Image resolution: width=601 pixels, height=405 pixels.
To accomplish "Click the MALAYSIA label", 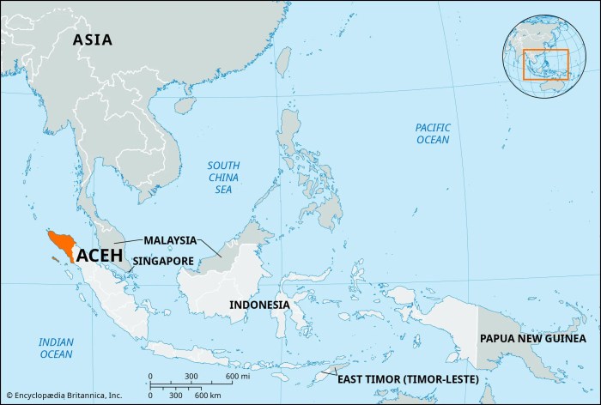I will [170, 239].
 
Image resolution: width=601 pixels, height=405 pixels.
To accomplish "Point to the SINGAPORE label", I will [163, 260].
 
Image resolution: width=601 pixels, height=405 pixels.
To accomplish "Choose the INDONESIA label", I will [259, 305].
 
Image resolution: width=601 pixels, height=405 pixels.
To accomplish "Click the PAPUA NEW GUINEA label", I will [532, 339].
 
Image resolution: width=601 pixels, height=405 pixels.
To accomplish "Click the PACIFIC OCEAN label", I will [433, 133].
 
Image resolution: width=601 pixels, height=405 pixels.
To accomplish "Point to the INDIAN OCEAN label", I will [56, 348].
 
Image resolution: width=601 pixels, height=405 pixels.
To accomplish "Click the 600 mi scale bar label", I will [238, 377].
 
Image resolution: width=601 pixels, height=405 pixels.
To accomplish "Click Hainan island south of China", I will [181, 105].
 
